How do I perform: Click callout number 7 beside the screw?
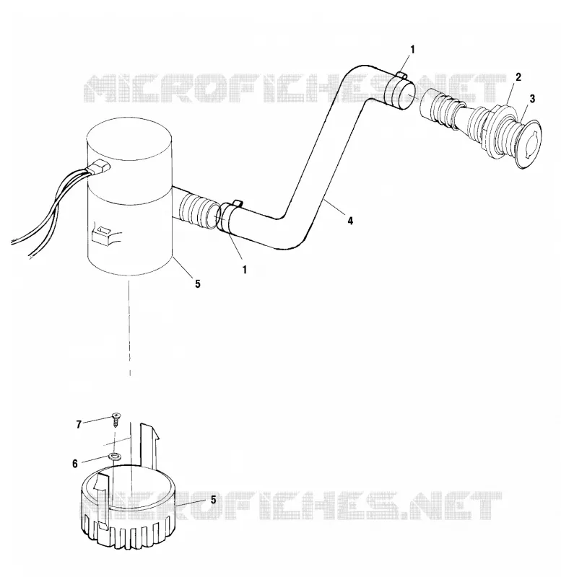(79, 425)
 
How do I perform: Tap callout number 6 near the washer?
(75, 464)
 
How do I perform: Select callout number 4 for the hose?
(350, 221)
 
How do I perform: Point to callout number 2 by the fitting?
(518, 77)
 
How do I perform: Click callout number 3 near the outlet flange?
(532, 99)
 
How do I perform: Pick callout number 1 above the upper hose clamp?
(412, 49)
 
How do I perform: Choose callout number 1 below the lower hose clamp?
(244, 270)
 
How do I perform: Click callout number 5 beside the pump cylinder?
(198, 283)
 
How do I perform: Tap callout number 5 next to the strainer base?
(213, 500)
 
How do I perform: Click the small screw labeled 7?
(117, 419)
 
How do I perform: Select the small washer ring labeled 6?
(115, 457)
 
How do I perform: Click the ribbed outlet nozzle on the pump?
(196, 210)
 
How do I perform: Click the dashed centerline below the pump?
(130, 328)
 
